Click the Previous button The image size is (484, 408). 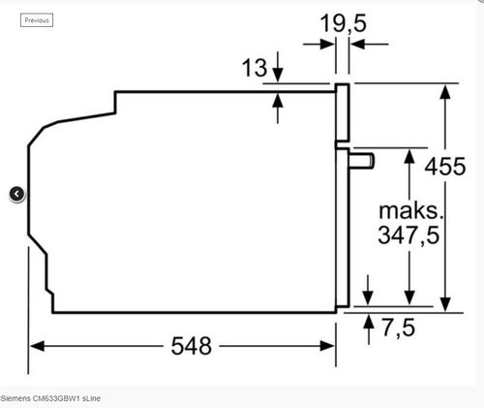point(37,19)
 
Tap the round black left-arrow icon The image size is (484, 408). point(17,194)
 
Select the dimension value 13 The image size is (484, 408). point(254,68)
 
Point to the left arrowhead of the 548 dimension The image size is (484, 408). point(36,346)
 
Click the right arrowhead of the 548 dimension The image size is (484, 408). point(329,346)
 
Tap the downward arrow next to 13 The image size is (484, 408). point(279,72)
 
